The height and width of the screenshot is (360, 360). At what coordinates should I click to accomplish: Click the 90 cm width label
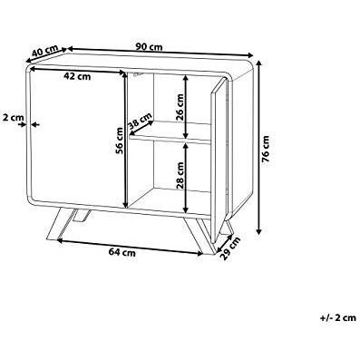(149, 47)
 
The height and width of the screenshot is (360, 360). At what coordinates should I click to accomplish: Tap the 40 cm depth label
(44, 51)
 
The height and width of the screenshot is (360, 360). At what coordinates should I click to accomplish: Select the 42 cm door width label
(77, 76)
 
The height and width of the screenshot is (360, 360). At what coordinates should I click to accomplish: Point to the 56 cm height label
(120, 141)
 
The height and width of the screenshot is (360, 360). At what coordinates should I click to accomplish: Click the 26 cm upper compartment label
(180, 107)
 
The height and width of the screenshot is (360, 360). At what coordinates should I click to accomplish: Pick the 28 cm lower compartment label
(180, 175)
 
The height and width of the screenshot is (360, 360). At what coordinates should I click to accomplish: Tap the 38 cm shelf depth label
(140, 121)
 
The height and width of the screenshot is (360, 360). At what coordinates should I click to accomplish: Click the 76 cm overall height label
(266, 149)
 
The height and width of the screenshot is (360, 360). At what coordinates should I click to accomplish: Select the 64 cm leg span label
(122, 252)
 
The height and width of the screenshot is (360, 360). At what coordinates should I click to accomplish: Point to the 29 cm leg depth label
(230, 248)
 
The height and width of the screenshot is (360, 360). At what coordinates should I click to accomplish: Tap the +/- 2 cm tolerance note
(337, 317)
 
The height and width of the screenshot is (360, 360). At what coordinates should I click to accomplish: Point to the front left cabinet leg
(59, 224)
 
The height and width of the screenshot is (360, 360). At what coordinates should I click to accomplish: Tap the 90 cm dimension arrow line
(160, 52)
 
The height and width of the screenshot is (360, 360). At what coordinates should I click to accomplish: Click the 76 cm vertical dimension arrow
(258, 147)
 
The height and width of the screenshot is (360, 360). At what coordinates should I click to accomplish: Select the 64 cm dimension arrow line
(130, 248)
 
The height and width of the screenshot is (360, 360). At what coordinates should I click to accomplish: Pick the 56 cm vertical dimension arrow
(125, 139)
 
